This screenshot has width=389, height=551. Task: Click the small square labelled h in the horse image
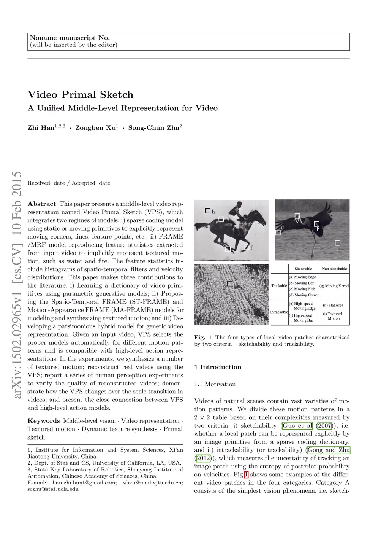click(x=207, y=210)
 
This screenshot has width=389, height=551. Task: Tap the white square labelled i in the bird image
click(x=337, y=243)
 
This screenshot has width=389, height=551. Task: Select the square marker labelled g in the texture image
click(x=230, y=283)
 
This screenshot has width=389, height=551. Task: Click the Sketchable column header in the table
click(x=303, y=269)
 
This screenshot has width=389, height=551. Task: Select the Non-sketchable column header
click(x=334, y=269)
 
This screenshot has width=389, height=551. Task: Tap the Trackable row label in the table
click(x=279, y=286)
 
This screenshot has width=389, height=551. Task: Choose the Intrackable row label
click(x=279, y=312)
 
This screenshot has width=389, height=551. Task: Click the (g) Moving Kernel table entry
click(x=334, y=286)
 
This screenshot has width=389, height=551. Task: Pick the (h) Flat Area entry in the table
click(x=333, y=305)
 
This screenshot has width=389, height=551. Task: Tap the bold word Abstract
click(x=42, y=204)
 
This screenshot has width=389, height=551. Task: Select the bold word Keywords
click(x=44, y=421)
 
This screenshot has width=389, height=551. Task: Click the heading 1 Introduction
click(x=218, y=367)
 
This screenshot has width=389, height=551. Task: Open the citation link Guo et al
click(x=297, y=426)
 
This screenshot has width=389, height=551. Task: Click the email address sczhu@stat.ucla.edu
click(x=53, y=489)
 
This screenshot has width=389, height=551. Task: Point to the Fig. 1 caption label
click(x=200, y=338)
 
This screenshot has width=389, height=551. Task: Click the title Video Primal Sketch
click(x=81, y=95)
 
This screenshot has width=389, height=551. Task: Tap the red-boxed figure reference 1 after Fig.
click(x=246, y=475)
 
